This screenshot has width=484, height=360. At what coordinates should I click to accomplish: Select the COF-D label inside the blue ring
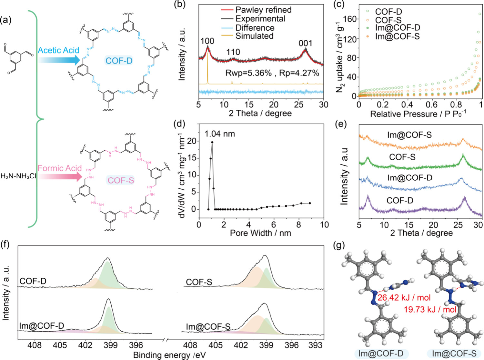[119, 61]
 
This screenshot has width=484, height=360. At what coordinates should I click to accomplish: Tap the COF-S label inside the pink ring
[121, 180]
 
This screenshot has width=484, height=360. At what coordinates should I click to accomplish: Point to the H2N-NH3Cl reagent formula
[18, 176]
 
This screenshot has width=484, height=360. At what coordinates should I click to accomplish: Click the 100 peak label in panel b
[207, 41]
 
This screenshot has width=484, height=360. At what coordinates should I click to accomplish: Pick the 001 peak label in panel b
[305, 43]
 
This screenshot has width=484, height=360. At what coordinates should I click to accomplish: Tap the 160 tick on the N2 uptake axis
[350, 19]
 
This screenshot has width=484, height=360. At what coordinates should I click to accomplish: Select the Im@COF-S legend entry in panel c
[397, 36]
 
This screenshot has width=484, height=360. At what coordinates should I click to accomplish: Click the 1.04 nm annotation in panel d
[220, 134]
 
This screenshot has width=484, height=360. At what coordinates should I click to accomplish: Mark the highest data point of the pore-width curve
[212, 142]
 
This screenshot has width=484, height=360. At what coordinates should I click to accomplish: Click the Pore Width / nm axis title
[260, 233]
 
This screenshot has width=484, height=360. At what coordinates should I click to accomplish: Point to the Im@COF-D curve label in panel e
[410, 178]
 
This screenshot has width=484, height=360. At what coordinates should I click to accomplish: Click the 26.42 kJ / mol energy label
[404, 297]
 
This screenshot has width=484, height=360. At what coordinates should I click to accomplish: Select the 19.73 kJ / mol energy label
[430, 310]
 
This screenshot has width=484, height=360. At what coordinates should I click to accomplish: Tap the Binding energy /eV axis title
[169, 355]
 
